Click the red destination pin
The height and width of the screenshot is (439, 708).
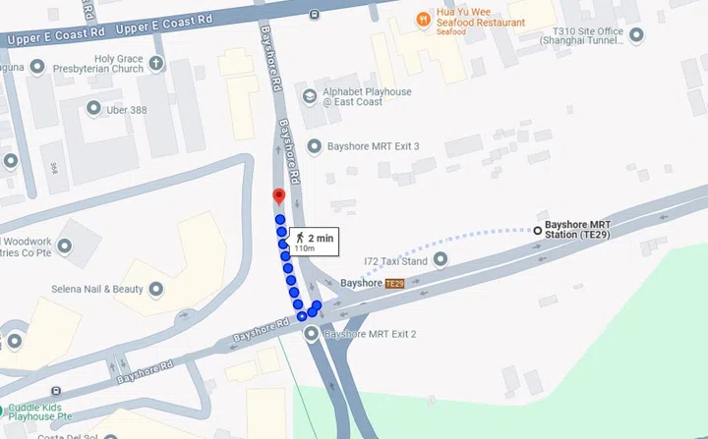pyautogui.click(x=278, y=196)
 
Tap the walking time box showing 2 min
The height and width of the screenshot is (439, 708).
pyautogui.click(x=314, y=242)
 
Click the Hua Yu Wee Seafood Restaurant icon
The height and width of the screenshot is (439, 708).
pyautogui.click(x=424, y=18)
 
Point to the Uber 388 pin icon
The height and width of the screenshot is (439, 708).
pyautogui.click(x=94, y=109)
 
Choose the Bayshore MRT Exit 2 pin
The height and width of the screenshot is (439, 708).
pyautogui.click(x=313, y=335)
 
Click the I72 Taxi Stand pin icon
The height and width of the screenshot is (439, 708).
pyautogui.click(x=441, y=260)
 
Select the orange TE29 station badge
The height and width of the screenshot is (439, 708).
pyautogui.click(x=394, y=283)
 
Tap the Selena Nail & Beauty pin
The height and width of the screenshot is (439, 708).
pyautogui.click(x=155, y=290)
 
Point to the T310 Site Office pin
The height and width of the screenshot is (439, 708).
pyautogui.click(x=636, y=35)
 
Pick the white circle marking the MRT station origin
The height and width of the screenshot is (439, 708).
pyautogui.click(x=537, y=230)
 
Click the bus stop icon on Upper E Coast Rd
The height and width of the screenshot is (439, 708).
pyautogui.click(x=313, y=14)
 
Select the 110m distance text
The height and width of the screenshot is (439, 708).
pyautogui.click(x=304, y=248)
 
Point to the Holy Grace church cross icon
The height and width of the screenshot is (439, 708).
pyautogui.click(x=157, y=64)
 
